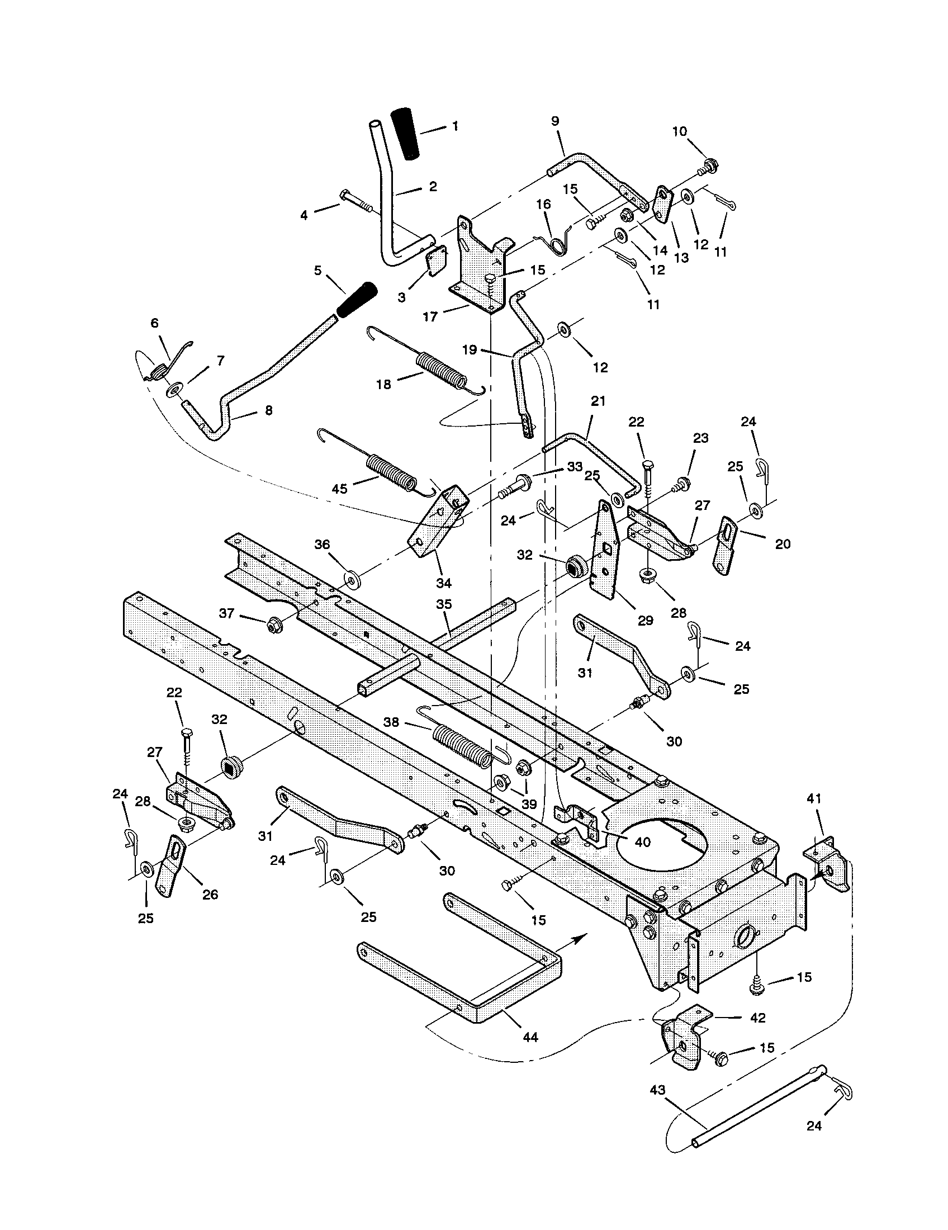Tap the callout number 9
click(555, 121)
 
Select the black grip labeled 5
click(357, 300)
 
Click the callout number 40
click(642, 842)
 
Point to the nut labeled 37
click(274, 625)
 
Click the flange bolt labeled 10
click(709, 167)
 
